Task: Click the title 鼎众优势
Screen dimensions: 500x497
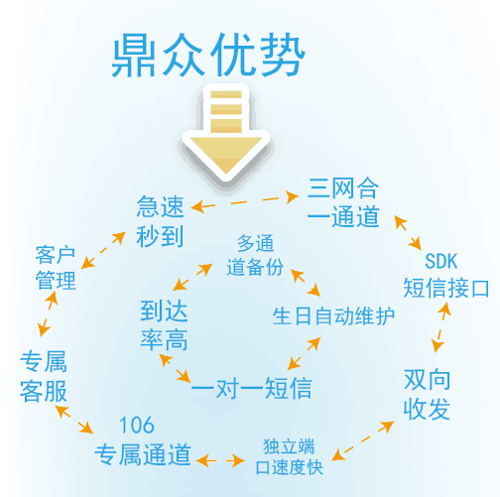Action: [207, 55]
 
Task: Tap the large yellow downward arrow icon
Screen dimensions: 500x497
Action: [226, 133]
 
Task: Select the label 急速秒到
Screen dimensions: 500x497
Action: [161, 221]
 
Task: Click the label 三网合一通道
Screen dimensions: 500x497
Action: [343, 202]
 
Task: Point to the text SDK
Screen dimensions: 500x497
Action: [440, 261]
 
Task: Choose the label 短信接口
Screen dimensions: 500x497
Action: [445, 288]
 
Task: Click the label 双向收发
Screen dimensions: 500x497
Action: [427, 394]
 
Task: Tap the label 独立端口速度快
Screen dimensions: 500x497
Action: [290, 456]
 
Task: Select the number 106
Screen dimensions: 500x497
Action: [137, 425]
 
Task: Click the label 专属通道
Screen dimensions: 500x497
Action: [143, 454]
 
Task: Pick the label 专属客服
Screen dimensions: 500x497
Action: [44, 376]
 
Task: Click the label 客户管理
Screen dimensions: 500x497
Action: [56, 268]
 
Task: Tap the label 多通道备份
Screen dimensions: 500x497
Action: [255, 255]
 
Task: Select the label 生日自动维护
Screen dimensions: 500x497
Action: [333, 316]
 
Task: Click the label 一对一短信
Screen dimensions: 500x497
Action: [252, 388]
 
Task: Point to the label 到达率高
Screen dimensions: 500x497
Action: [164, 325]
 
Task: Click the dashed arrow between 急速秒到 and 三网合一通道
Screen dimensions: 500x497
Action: [245, 201]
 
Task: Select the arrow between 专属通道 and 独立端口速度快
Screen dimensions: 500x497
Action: [220, 460]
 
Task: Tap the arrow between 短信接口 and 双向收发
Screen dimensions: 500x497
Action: [441, 327]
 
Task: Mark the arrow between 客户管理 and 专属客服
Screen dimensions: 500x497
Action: [48, 313]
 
